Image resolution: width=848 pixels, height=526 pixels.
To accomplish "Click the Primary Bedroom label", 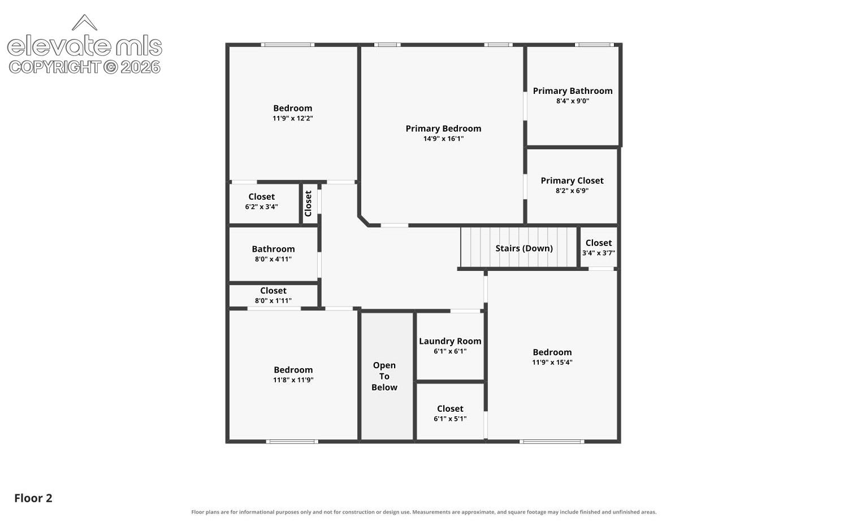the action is (x=443, y=129).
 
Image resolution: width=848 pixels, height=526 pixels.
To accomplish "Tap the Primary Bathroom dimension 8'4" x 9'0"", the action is (x=572, y=101).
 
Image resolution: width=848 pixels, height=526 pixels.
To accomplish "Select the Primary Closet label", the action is (x=572, y=180).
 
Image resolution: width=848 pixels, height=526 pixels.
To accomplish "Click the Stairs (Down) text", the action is (x=524, y=248).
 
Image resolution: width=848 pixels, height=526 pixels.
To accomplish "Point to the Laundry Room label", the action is (x=450, y=341).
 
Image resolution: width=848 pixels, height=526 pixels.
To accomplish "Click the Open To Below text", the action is (x=384, y=377).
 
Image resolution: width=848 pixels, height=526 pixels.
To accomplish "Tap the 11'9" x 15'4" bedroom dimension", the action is (x=552, y=363).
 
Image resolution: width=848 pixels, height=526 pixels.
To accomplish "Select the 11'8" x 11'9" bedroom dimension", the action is (x=293, y=380).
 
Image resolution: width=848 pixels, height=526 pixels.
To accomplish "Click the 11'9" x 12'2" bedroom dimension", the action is (x=293, y=119).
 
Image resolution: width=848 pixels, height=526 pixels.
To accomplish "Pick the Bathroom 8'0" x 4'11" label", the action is (x=273, y=254).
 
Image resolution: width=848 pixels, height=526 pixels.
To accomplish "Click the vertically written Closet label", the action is (x=308, y=204).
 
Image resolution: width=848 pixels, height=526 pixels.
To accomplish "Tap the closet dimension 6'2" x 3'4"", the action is (x=261, y=207).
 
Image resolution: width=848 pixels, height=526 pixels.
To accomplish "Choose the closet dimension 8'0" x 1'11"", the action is (x=273, y=301).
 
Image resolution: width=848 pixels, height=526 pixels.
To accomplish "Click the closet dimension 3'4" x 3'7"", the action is (x=599, y=253).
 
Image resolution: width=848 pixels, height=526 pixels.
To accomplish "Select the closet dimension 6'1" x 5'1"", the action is (x=450, y=419).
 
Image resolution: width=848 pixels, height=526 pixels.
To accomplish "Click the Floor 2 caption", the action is (x=33, y=498).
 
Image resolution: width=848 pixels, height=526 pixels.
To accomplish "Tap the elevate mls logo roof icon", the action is (x=84, y=23).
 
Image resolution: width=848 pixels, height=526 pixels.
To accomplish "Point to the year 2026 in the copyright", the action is (x=140, y=67).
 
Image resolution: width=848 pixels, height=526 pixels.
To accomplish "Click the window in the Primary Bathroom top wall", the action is (x=594, y=45).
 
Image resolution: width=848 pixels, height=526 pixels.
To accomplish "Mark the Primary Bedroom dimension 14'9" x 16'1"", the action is (x=443, y=139).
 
